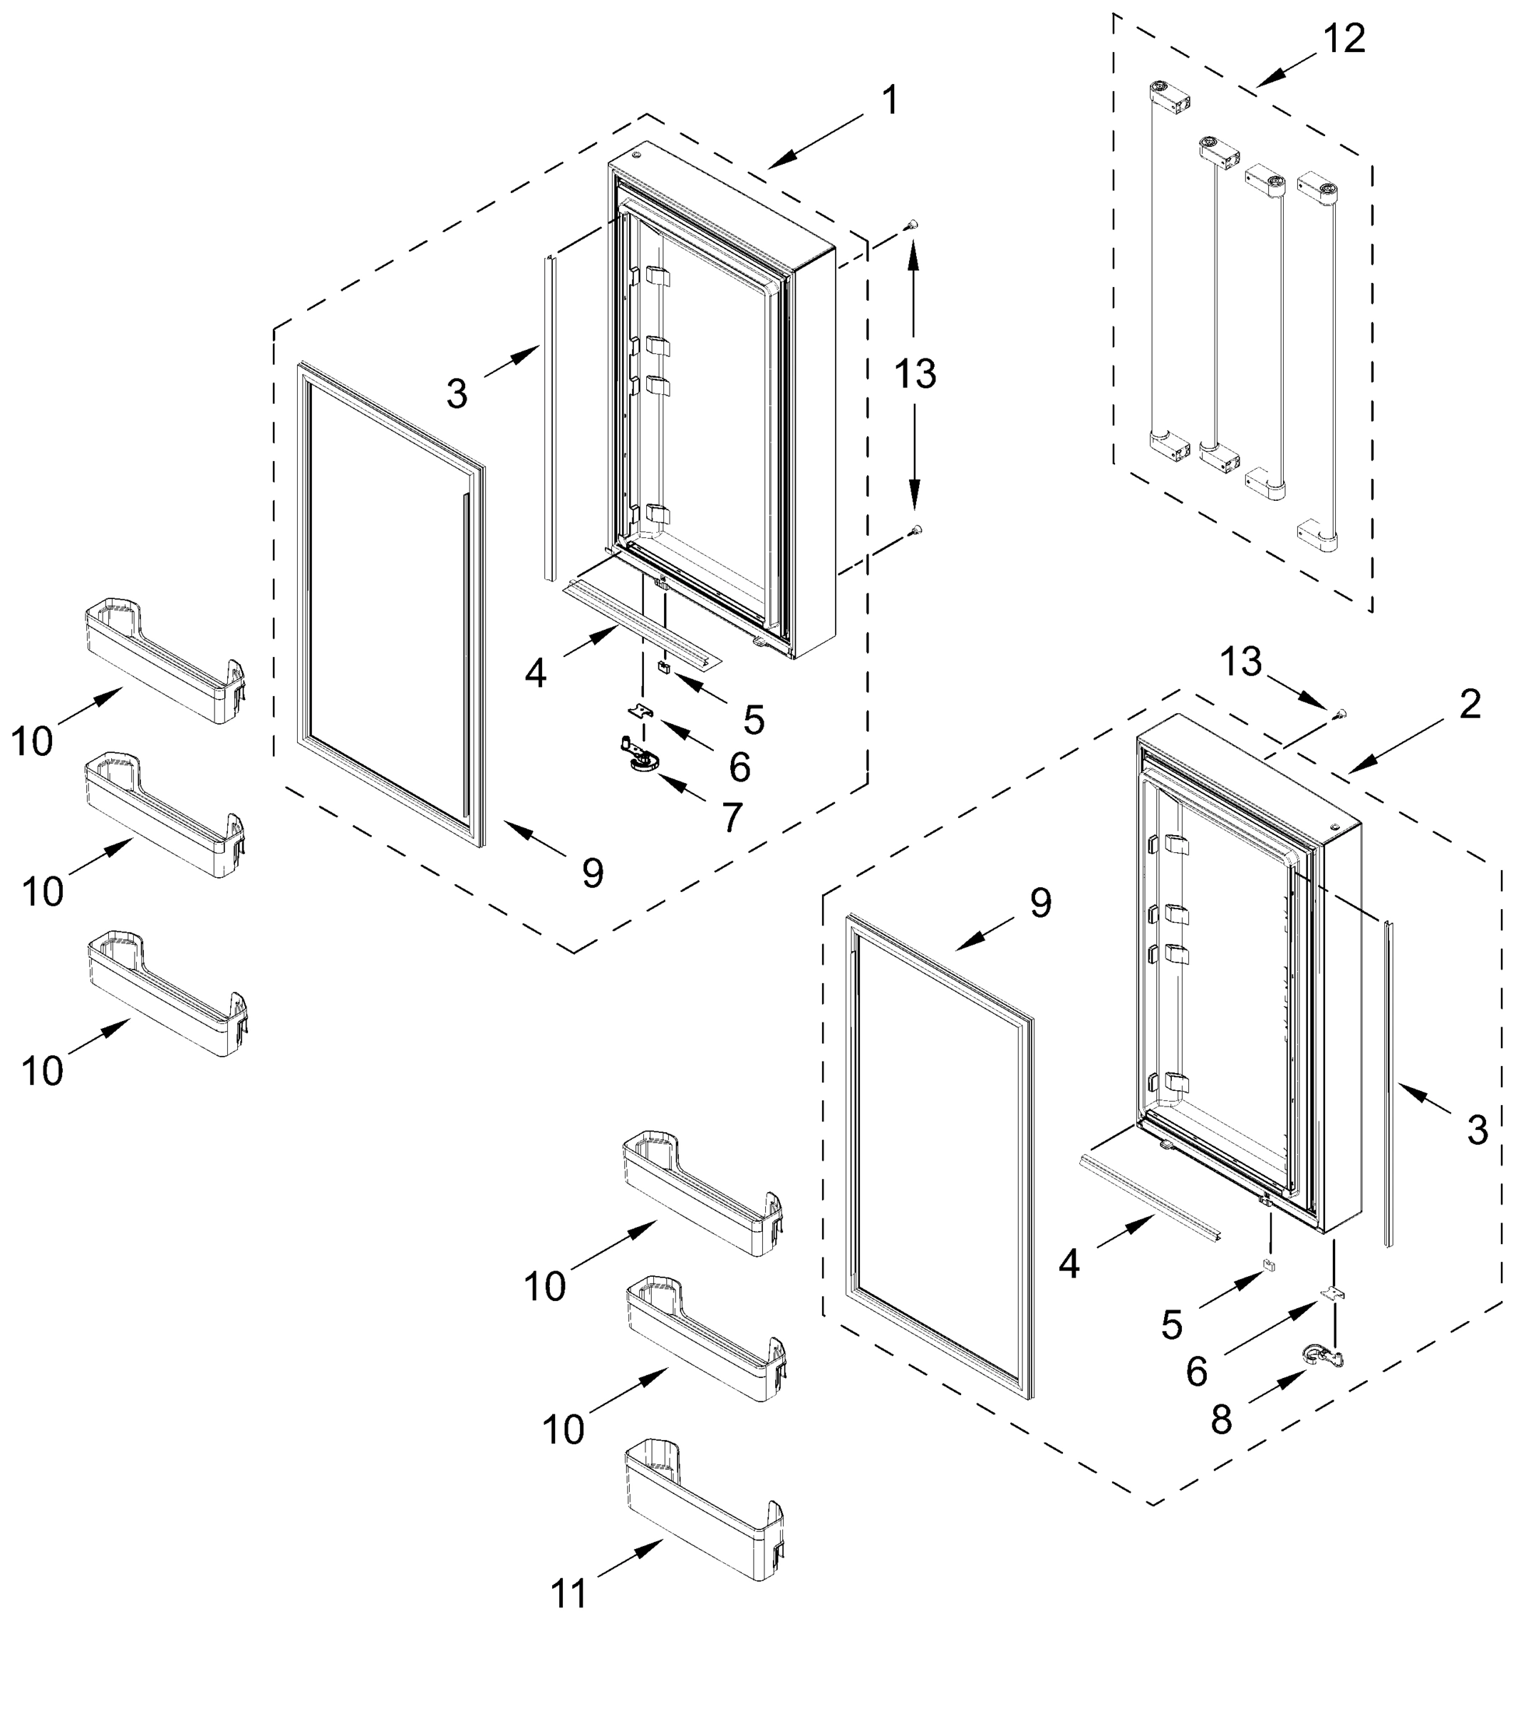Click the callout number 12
click(1344, 38)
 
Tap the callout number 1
click(891, 100)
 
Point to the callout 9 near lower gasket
click(1040, 903)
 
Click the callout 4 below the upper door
click(536, 673)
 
